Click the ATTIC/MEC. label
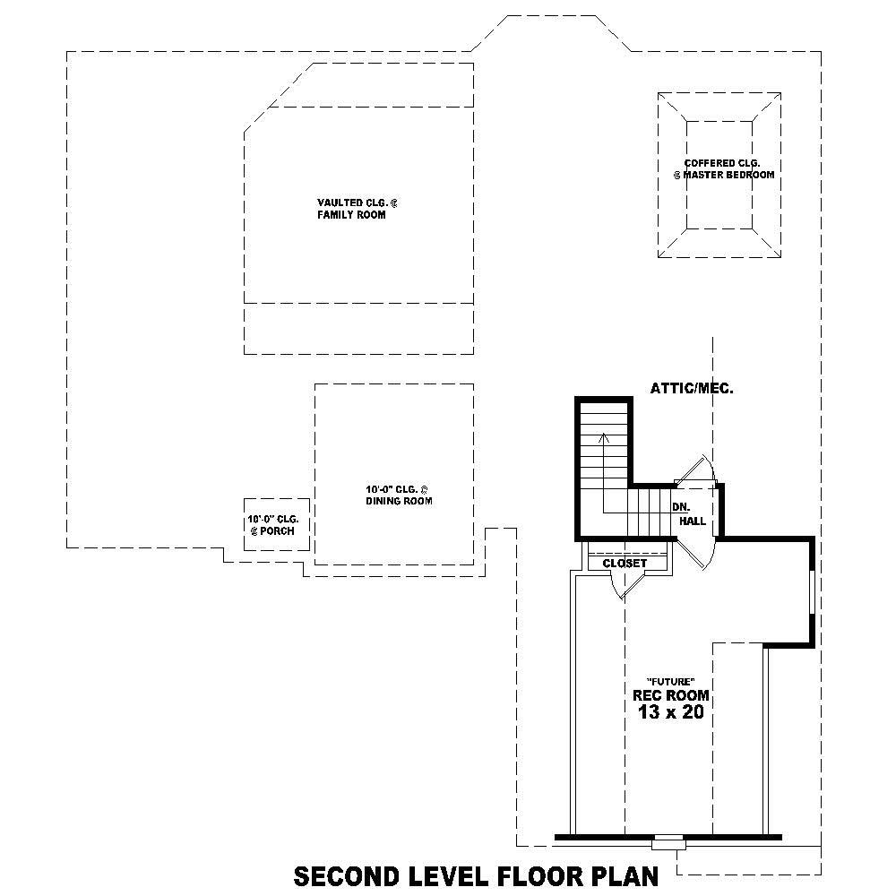tap(692, 389)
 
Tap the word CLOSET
tap(625, 564)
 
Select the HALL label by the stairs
tap(692, 521)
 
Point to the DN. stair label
tap(680, 506)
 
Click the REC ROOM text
tap(670, 695)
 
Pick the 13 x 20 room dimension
tap(670, 713)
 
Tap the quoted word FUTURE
tap(670, 681)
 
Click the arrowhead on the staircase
tap(605, 437)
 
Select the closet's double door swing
tap(625, 587)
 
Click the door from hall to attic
tap(694, 472)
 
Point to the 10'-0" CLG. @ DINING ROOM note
tap(398, 495)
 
